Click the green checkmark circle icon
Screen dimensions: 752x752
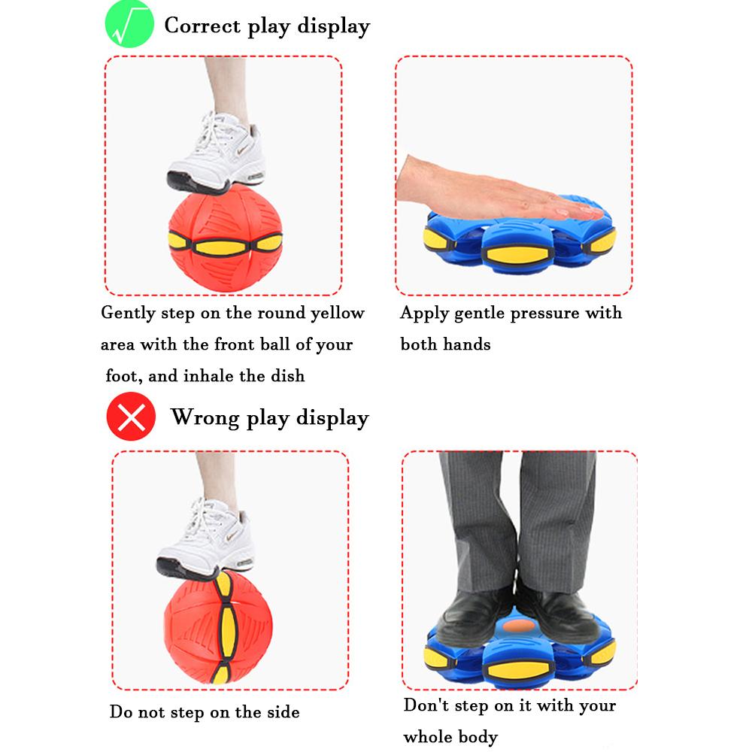pos(129,25)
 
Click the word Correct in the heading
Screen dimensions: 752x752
pos(202,26)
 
